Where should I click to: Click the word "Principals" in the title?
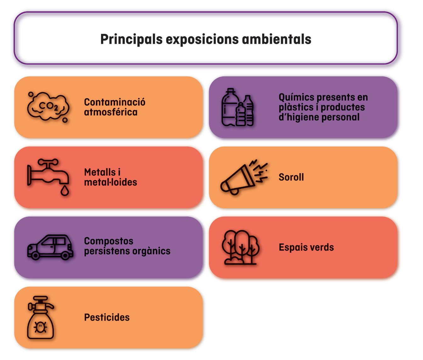131,40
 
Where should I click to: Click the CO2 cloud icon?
48,107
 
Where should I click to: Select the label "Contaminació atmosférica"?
115,107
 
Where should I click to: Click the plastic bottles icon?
238,108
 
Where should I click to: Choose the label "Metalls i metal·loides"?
110,177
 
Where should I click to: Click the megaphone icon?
243,177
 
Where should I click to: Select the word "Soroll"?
291,177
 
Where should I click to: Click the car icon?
50,247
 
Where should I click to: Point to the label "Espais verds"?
306,247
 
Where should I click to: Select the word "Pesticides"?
107,318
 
